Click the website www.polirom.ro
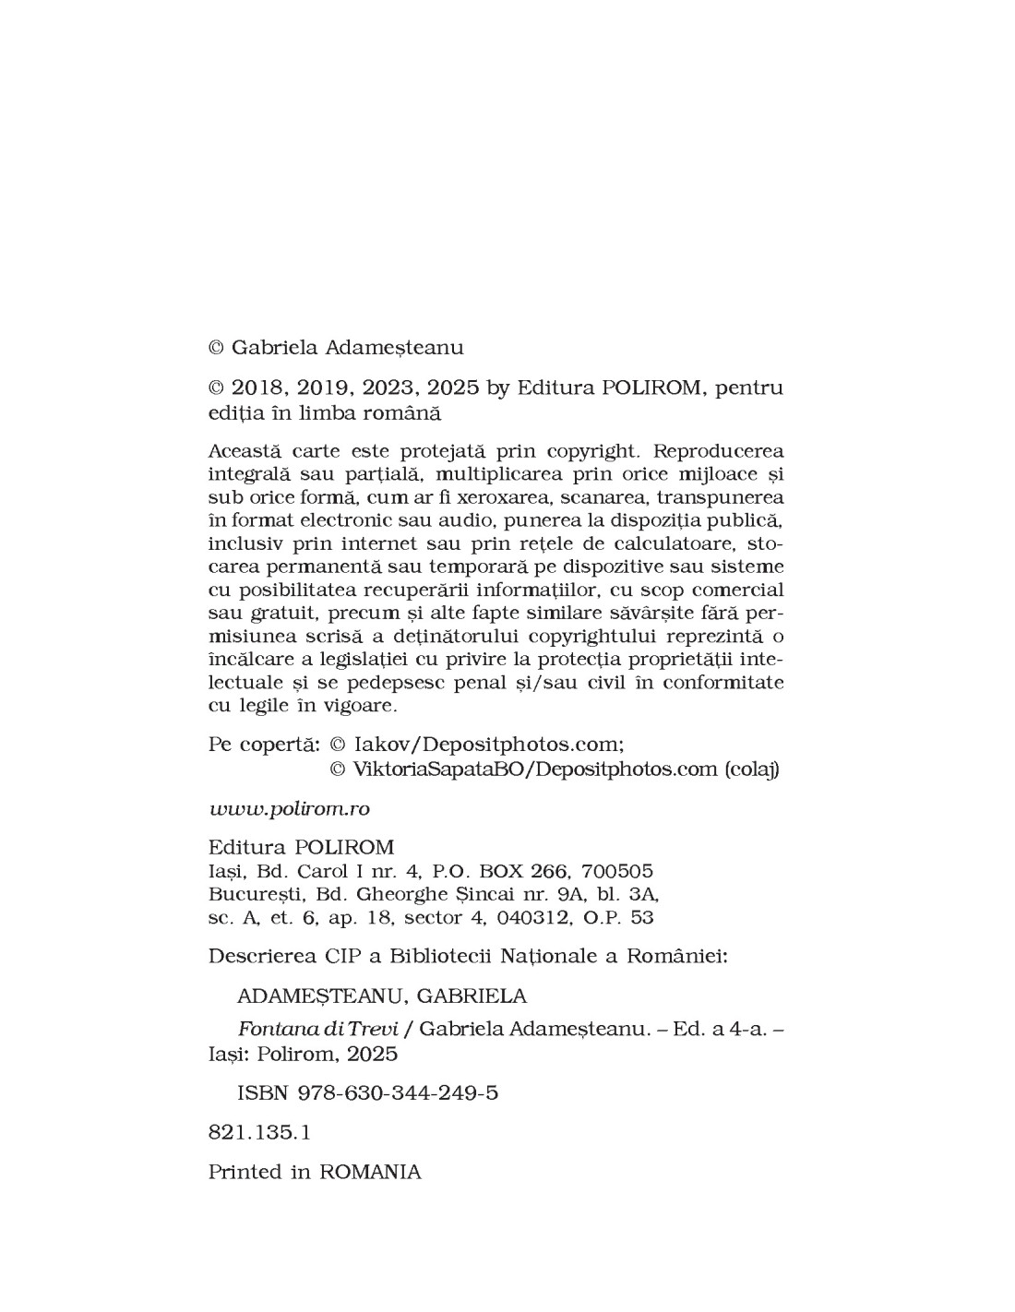[x=289, y=808]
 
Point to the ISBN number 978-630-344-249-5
[x=398, y=1093]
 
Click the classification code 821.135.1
[x=259, y=1132]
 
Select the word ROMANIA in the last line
[x=370, y=1172]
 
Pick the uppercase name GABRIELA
[x=472, y=996]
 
